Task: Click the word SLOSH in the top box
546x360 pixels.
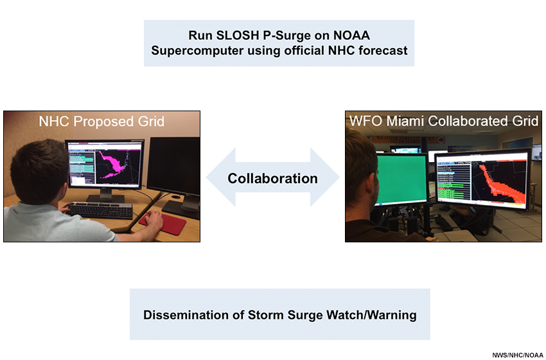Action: pyautogui.click(x=238, y=35)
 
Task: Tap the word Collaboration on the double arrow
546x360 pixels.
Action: pyautogui.click(x=272, y=179)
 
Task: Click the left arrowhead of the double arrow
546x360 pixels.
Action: pyautogui.click(x=221, y=177)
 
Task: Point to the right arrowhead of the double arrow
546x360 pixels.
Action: pyautogui.click(x=325, y=177)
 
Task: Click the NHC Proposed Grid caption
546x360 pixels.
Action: pyautogui.click(x=101, y=122)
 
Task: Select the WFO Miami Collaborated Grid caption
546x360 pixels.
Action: pyautogui.click(x=444, y=121)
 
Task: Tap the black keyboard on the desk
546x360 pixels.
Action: pyautogui.click(x=100, y=210)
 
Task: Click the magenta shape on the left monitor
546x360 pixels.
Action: pyautogui.click(x=113, y=163)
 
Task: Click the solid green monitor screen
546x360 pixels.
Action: pyautogui.click(x=402, y=179)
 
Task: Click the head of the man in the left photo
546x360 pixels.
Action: pyautogui.click(x=39, y=172)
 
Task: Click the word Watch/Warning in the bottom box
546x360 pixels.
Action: pyautogui.click(x=371, y=315)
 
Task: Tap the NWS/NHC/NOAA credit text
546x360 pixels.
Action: pyautogui.click(x=518, y=355)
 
